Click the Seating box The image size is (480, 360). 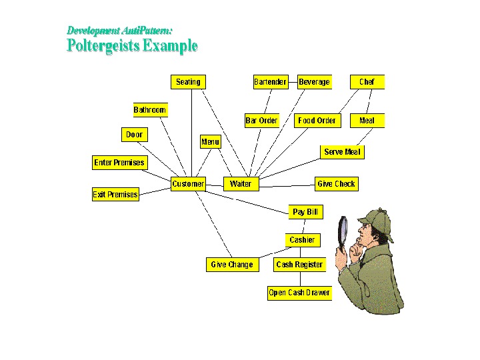point(188,82)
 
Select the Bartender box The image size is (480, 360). point(270,82)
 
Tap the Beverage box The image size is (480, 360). point(314,82)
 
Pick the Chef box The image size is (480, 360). point(367,82)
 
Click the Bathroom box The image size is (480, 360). point(150,110)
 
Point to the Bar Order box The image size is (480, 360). point(261,121)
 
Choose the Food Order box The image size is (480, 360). point(317,121)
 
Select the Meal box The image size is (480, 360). point(367,121)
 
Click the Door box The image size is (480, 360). point(134,135)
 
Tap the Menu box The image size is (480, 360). point(210,142)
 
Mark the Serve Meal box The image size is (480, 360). point(342,152)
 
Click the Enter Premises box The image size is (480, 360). point(119,163)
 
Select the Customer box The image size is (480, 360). point(188,184)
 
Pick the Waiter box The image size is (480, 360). point(240,184)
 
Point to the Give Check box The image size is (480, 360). point(336,184)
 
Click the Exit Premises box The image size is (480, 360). point(115,195)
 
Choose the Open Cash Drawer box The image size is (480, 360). point(299,293)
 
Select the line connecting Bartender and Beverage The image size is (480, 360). point(292,82)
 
